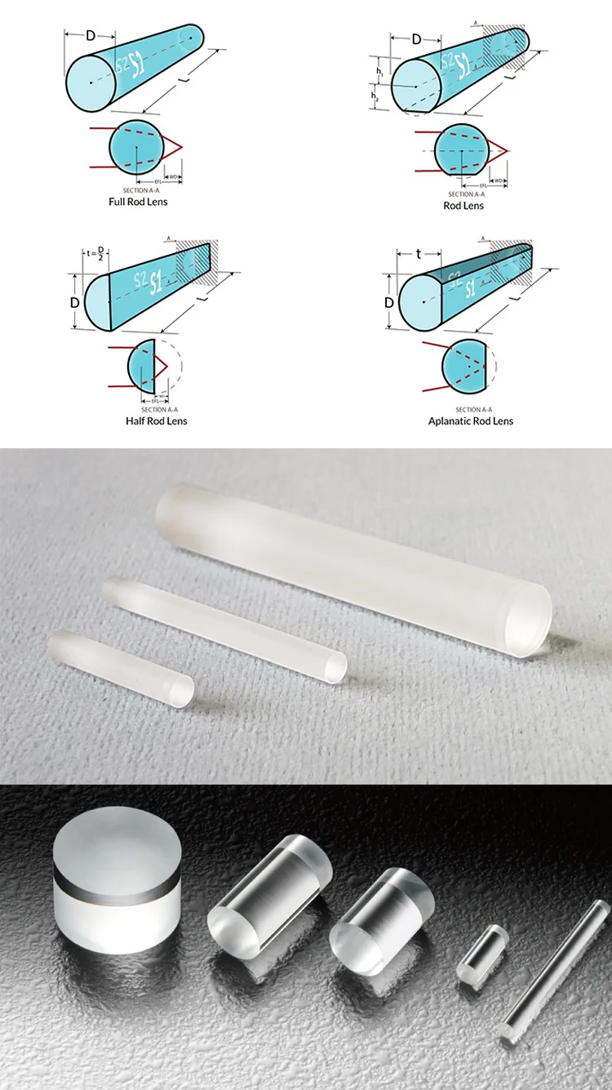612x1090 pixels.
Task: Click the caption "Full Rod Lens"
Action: [x=138, y=201]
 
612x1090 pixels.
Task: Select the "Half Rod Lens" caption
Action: [x=156, y=420]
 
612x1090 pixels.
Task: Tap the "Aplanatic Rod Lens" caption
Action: [x=471, y=420]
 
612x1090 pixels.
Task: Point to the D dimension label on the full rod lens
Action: [x=91, y=36]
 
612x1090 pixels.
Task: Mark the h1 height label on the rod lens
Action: [x=379, y=72]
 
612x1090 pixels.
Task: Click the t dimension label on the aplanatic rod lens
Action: [x=419, y=254]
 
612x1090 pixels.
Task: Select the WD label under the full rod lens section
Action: [x=172, y=176]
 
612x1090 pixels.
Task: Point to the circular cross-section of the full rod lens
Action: [x=138, y=146]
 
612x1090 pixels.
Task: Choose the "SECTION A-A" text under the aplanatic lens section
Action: [x=473, y=409]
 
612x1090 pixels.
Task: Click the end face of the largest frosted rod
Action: [x=528, y=616]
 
